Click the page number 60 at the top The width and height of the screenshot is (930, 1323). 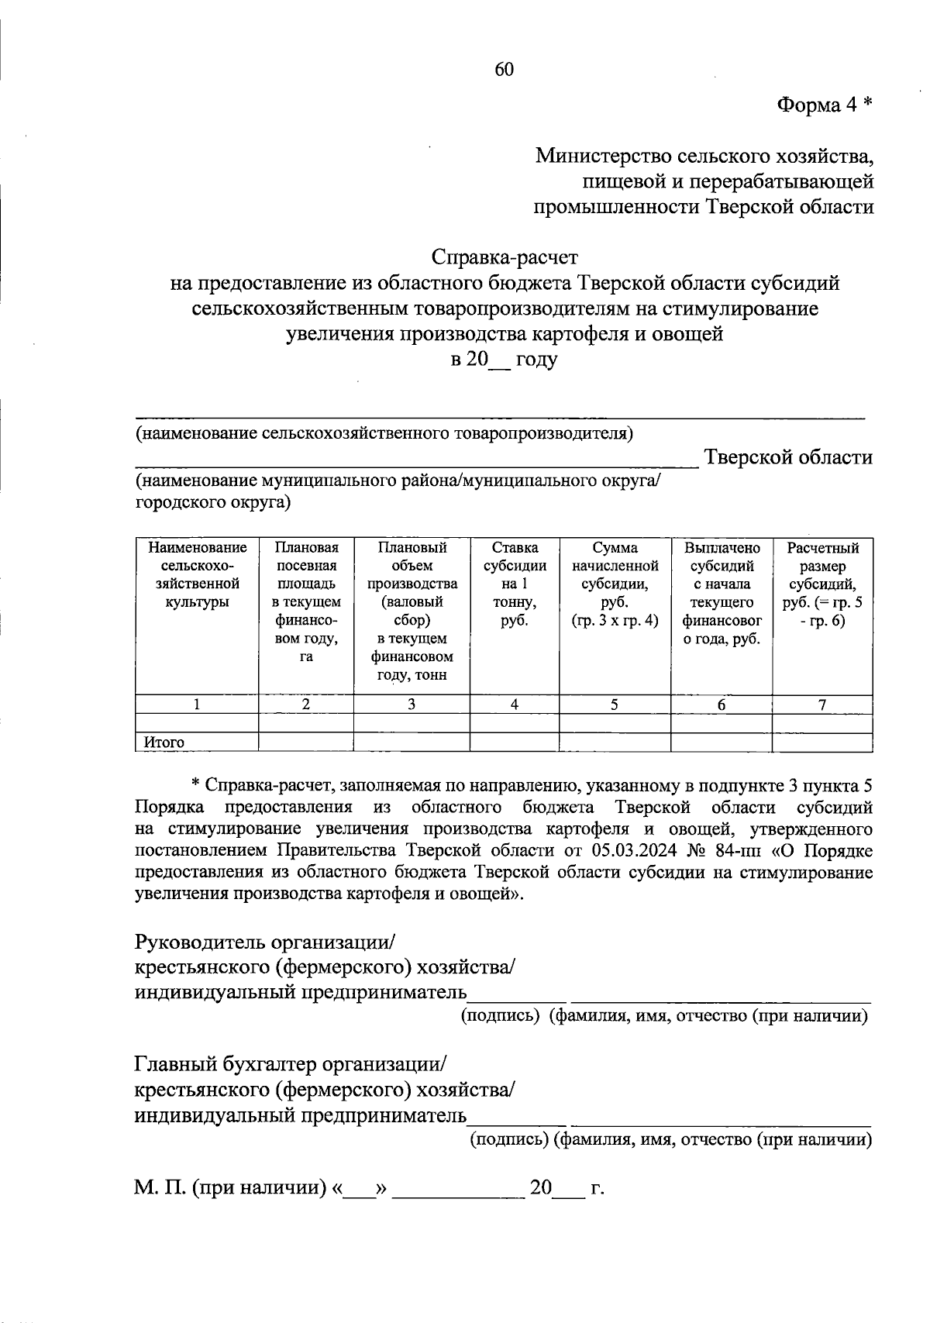click(x=504, y=70)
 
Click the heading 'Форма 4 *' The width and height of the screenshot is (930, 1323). click(x=825, y=105)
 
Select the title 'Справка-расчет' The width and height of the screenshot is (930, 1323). click(x=505, y=257)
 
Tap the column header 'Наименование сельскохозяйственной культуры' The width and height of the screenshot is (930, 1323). click(x=197, y=574)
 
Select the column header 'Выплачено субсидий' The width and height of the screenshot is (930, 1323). click(x=722, y=592)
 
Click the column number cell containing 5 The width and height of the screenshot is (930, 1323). click(x=614, y=705)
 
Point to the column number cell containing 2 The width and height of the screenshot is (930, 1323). click(x=305, y=705)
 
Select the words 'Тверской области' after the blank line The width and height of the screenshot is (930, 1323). click(x=787, y=457)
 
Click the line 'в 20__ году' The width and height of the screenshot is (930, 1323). click(x=505, y=360)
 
